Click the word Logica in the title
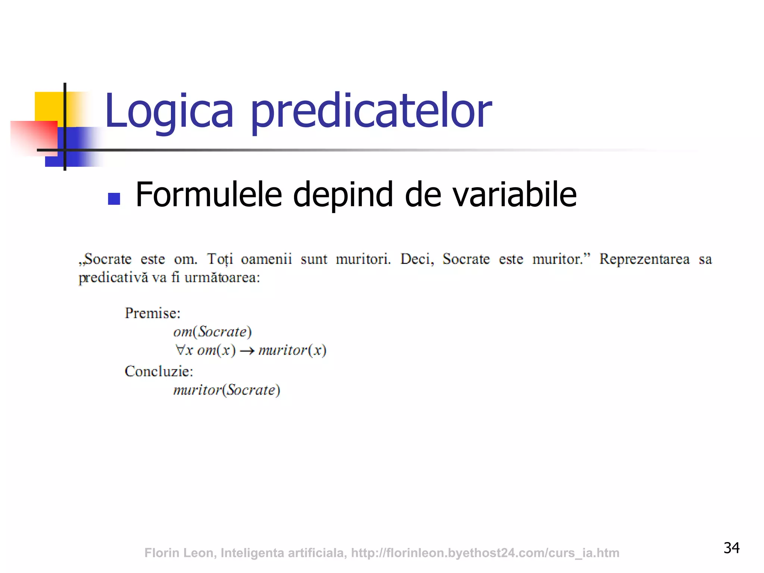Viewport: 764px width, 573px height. click(x=169, y=111)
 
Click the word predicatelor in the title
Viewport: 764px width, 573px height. click(x=371, y=111)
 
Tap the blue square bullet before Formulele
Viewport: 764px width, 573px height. click(x=114, y=198)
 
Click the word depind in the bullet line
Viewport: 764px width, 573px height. click(x=343, y=195)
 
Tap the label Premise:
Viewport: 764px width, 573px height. click(x=153, y=313)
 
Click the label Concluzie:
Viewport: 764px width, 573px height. click(x=159, y=372)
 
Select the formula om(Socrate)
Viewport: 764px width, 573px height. click(x=212, y=332)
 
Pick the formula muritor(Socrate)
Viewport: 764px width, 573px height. click(x=226, y=390)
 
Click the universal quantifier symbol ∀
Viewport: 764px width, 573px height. click(x=179, y=350)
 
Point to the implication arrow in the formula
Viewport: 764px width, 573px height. click(x=247, y=351)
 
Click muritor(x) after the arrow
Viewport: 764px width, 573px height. click(x=292, y=350)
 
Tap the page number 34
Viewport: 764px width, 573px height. click(x=731, y=548)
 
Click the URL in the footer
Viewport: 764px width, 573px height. click(x=485, y=553)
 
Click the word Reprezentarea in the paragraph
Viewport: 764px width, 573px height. click(x=644, y=259)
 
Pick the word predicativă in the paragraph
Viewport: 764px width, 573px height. click(x=113, y=278)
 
